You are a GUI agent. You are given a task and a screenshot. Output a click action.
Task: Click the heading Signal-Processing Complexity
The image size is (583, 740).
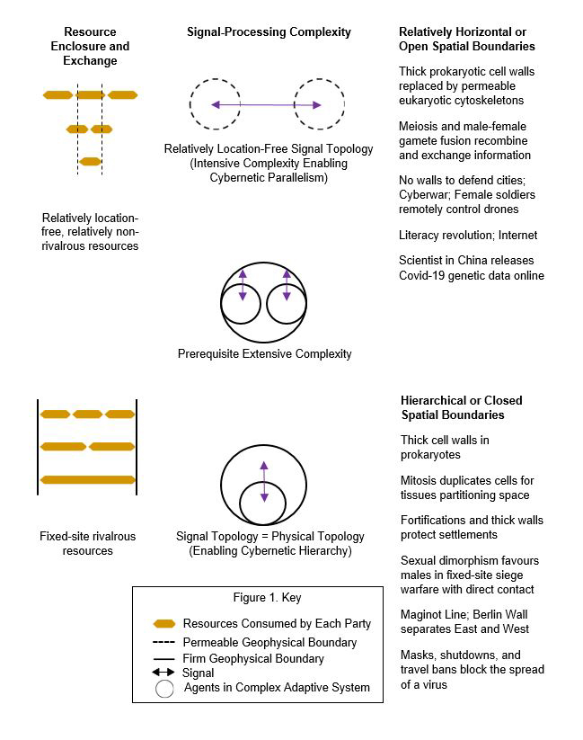click(269, 32)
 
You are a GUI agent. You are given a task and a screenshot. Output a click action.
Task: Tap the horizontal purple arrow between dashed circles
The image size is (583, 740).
click(267, 105)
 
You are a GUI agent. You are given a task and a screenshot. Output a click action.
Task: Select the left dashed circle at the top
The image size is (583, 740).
click(215, 104)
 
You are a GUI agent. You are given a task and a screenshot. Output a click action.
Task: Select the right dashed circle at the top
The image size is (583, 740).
click(319, 104)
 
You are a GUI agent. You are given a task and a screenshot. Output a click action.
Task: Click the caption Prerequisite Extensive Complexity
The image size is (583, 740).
click(265, 354)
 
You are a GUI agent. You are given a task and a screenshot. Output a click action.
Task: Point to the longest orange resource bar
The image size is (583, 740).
click(87, 479)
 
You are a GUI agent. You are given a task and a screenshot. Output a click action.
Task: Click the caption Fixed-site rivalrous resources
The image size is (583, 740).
click(88, 543)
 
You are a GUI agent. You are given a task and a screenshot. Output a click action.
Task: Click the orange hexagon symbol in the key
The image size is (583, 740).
click(164, 623)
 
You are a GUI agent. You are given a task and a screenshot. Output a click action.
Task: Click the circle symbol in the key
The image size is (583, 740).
click(163, 689)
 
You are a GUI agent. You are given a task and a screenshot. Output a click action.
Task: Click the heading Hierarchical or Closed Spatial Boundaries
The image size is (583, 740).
click(461, 407)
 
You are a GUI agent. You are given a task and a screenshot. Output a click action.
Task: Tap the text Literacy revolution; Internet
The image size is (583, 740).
click(468, 236)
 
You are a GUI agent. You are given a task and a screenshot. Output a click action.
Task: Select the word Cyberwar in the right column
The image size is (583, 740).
click(424, 195)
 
